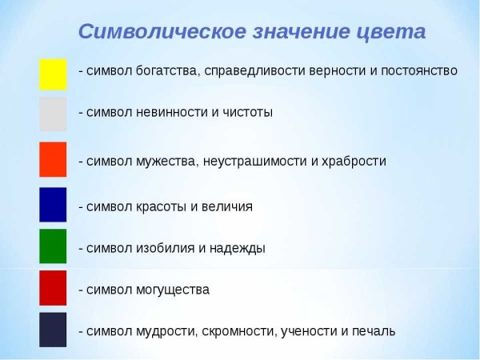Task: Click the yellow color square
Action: point(53,74)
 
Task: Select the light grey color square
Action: point(53,114)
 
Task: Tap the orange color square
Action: point(53,159)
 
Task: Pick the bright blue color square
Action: point(53,204)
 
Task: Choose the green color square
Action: point(53,246)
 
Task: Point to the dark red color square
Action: point(53,288)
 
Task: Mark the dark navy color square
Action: point(53,330)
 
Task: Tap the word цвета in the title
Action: point(391,33)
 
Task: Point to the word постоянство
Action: point(417,71)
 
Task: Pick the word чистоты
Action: point(247,112)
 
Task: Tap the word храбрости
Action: point(353,162)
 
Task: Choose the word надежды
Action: point(238,248)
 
